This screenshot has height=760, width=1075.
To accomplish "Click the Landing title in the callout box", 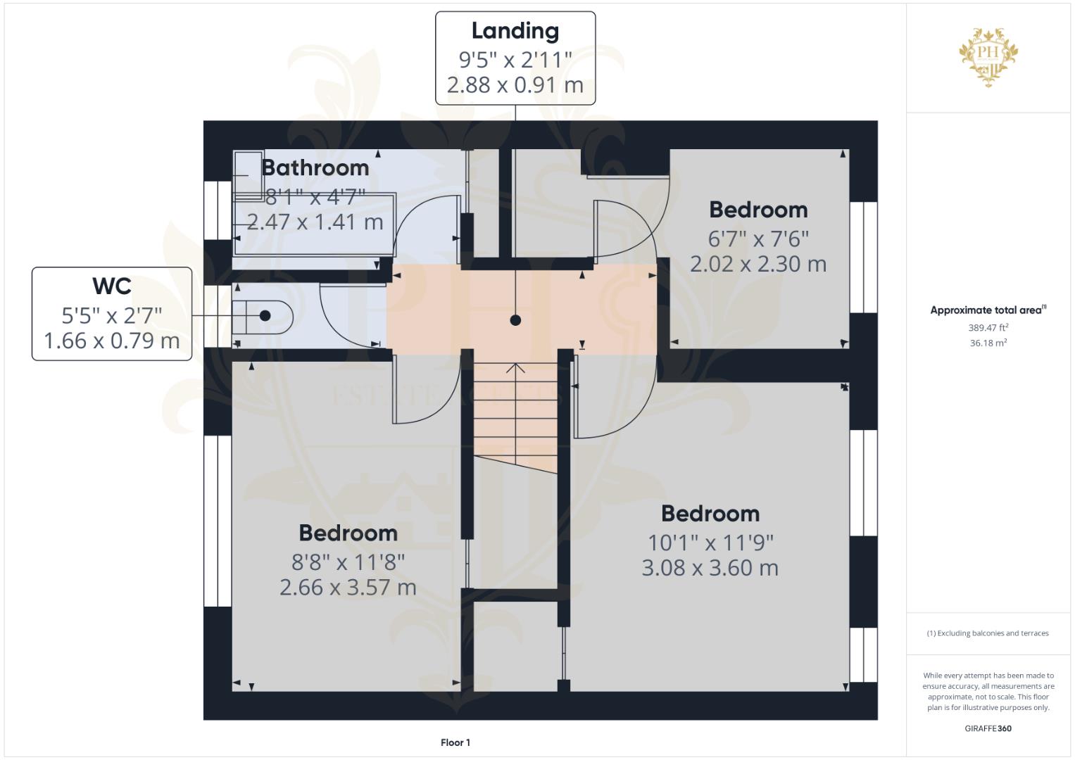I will [x=515, y=31].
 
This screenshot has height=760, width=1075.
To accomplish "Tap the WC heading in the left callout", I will [x=111, y=286].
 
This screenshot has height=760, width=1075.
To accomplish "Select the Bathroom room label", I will [x=315, y=167].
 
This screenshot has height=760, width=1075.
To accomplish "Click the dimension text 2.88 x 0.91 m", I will [x=515, y=85].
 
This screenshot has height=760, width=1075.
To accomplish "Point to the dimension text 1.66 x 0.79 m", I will [x=111, y=341].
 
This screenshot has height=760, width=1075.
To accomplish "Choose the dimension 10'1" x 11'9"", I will [x=710, y=543].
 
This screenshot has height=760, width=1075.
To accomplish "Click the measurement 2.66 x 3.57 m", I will [x=348, y=587].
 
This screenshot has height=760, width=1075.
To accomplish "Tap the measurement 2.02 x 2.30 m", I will [x=757, y=264].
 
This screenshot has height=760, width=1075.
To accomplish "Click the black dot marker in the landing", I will [x=515, y=320].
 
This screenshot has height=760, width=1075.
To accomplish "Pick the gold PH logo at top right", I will [x=988, y=56].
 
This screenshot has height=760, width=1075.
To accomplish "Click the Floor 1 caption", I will [x=455, y=742].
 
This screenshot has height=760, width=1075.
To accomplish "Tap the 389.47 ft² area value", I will [x=988, y=327].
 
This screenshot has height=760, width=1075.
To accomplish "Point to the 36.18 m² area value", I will [x=988, y=343].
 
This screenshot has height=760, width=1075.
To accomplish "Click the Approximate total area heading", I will [x=988, y=310].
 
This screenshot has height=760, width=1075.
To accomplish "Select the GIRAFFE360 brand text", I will [x=988, y=728].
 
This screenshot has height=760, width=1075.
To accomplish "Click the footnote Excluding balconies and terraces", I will [x=988, y=633].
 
